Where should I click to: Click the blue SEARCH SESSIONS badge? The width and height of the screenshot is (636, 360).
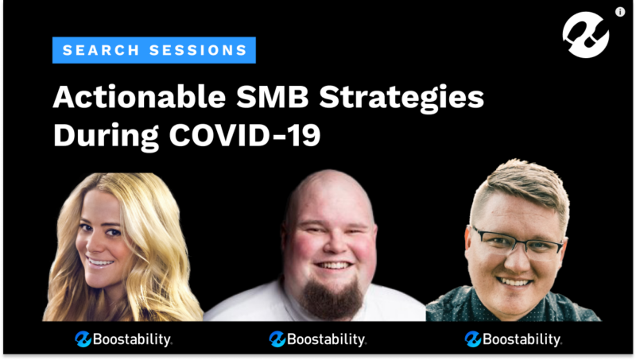(x=153, y=50)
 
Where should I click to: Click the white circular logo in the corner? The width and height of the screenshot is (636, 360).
(x=586, y=34)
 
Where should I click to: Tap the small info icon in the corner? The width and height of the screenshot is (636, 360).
(x=619, y=12)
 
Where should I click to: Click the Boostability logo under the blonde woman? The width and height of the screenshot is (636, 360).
(x=123, y=339)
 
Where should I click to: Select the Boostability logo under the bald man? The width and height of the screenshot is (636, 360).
(x=317, y=339)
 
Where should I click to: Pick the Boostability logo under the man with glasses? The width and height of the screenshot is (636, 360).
(x=513, y=339)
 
